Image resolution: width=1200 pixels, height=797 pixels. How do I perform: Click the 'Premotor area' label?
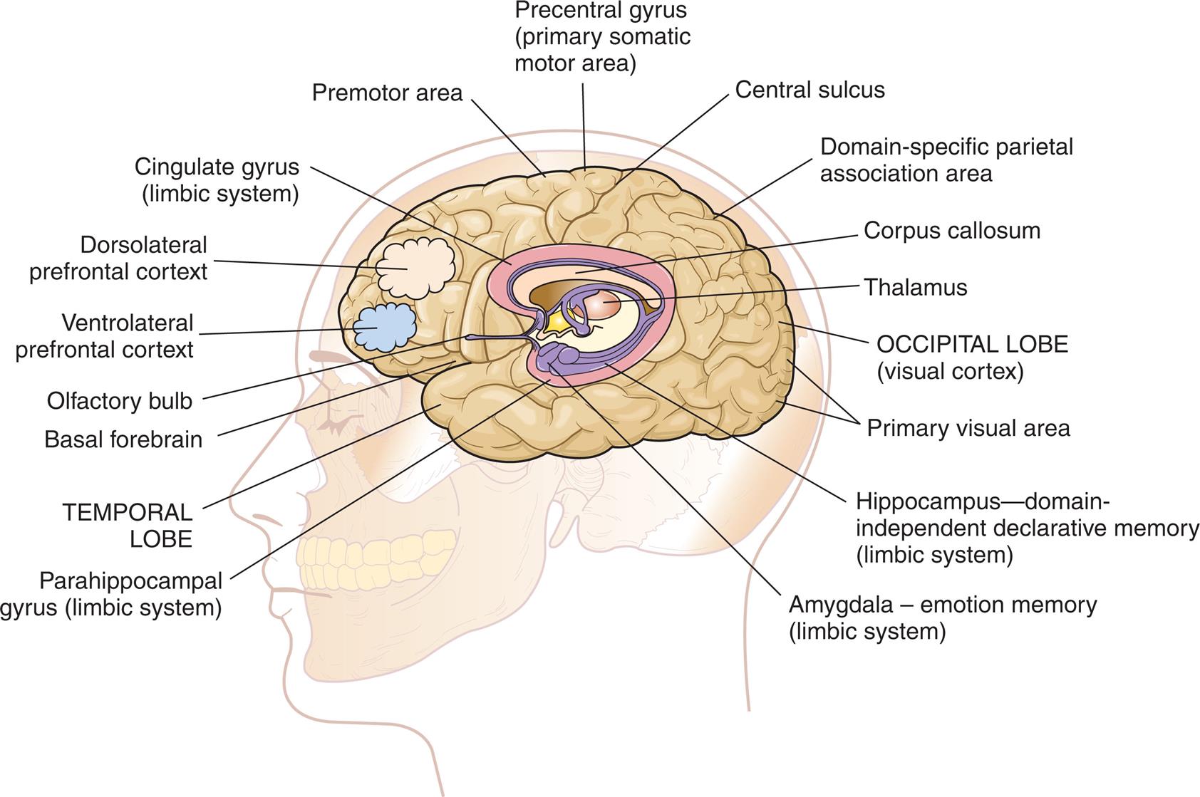(387, 93)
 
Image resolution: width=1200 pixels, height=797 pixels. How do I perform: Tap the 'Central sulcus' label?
(810, 90)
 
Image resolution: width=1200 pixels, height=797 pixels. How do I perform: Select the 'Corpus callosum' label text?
(951, 231)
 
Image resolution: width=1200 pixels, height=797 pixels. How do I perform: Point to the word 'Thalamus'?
(915, 288)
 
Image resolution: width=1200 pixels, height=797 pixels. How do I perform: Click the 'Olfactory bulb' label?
(120, 401)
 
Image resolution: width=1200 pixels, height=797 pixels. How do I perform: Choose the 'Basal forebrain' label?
(123, 439)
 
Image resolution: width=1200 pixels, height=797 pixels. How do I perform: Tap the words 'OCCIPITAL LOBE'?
(972, 345)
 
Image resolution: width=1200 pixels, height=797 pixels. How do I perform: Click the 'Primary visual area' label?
(968, 429)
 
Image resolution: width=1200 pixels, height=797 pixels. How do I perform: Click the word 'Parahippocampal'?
(131, 581)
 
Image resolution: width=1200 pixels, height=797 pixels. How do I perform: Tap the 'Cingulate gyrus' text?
(217, 167)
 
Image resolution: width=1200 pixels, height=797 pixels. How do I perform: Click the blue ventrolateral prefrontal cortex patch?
(386, 326)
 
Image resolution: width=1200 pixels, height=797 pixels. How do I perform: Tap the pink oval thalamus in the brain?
(604, 304)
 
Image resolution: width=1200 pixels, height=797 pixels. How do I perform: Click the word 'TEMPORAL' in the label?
(127, 513)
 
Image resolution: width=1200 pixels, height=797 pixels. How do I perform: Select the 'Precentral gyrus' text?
(601, 11)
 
